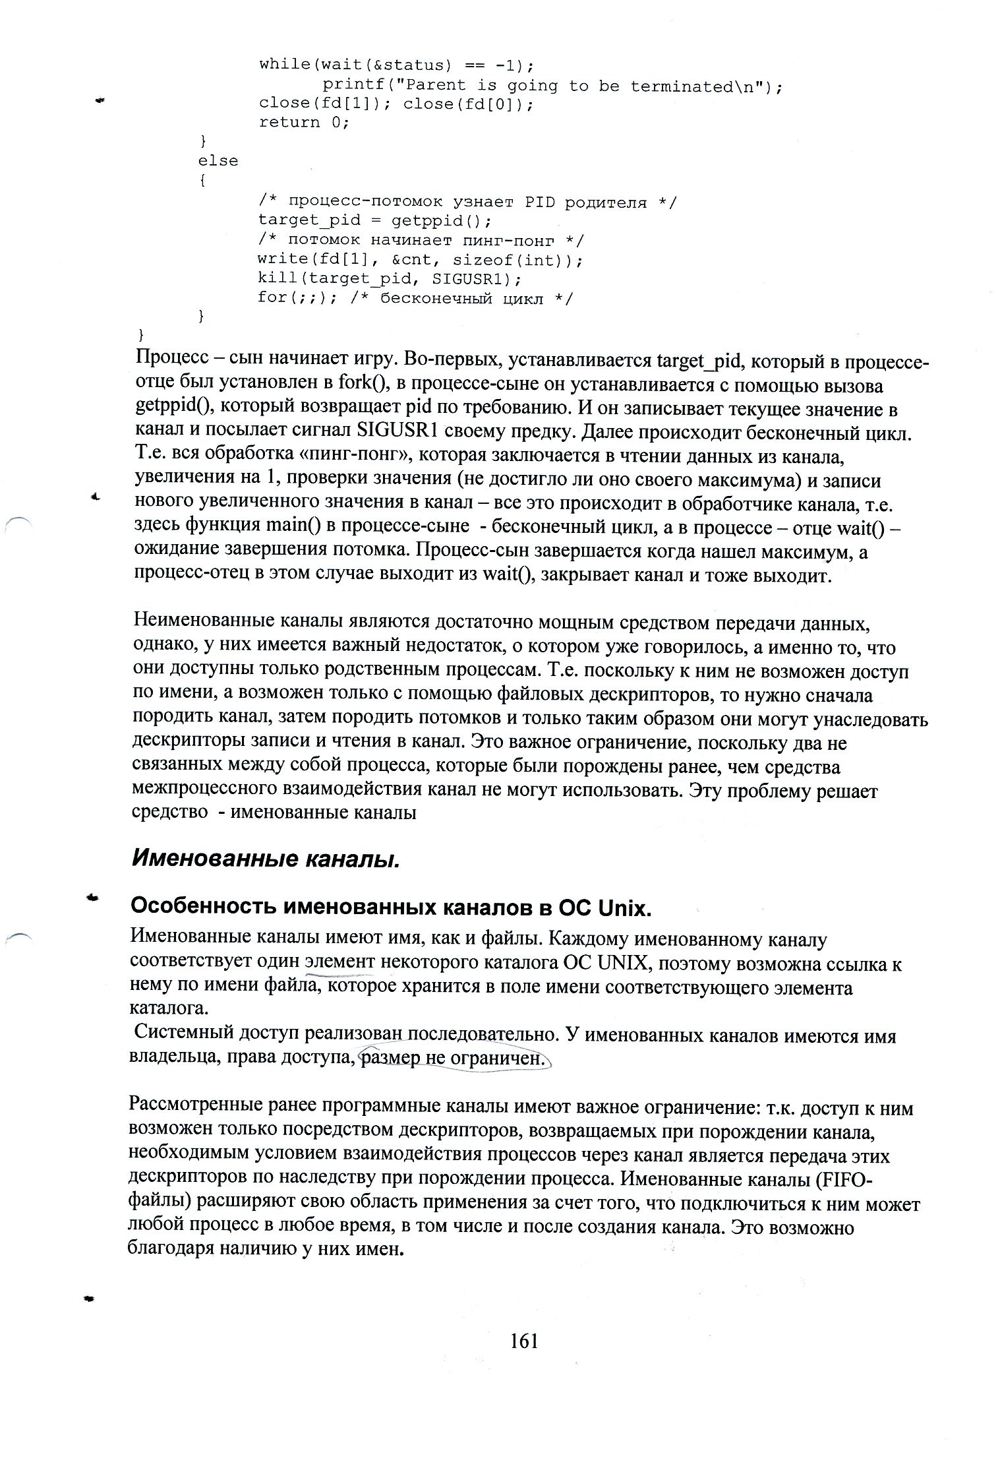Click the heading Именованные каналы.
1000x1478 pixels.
pos(266,858)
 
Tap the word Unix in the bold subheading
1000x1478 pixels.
pos(624,908)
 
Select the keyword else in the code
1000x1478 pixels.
pos(218,160)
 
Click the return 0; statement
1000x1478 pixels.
pos(303,122)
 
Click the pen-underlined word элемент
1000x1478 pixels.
pos(340,964)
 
